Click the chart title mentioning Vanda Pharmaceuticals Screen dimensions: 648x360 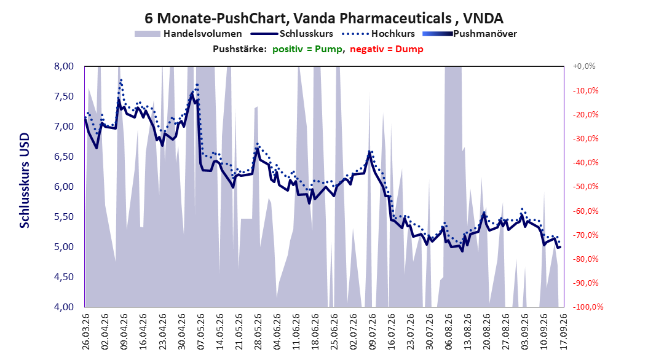[324, 18]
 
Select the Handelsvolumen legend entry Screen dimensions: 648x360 [189, 34]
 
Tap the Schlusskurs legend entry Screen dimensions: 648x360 [292, 34]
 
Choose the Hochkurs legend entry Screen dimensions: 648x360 [378, 34]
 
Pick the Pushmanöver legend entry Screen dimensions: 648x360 [470, 34]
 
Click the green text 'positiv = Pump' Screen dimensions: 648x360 [307, 49]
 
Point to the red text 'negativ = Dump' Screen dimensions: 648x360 [387, 49]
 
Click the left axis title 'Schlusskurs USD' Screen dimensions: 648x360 [25, 181]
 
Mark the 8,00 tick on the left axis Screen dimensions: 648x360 [64, 66]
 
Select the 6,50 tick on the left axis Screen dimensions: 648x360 [64, 157]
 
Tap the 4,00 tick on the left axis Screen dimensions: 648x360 [64, 307]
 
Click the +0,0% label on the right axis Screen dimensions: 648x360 [584, 66]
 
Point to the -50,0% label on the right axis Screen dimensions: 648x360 [585, 187]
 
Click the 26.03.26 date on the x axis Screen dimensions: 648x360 [86, 332]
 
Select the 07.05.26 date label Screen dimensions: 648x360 [201, 332]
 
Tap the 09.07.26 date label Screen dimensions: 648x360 [373, 332]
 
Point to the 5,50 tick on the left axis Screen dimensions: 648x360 [64, 217]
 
